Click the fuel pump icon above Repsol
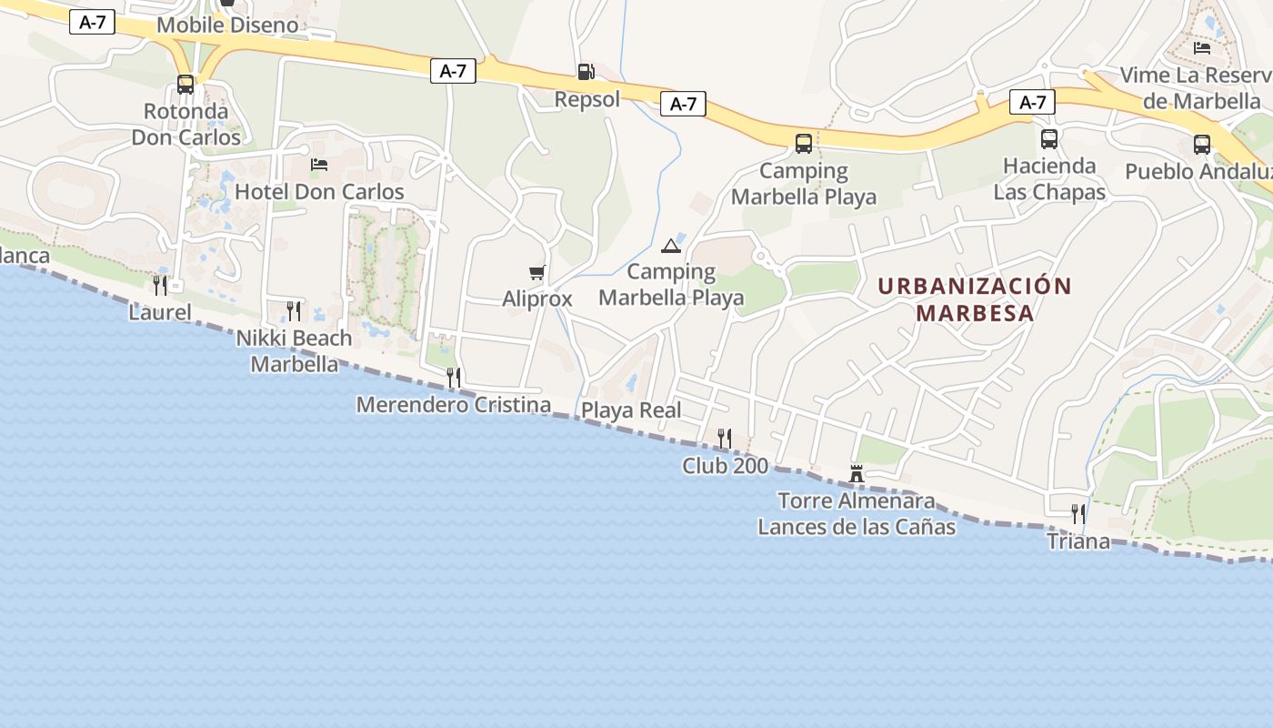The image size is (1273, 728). pos(586,71)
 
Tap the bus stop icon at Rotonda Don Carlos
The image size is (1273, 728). pos(185,85)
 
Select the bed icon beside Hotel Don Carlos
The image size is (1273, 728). pos(319,165)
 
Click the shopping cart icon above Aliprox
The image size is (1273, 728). pos(537,272)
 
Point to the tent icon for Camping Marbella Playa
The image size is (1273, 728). pos(671,245)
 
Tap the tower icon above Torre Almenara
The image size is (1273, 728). pos(856,473)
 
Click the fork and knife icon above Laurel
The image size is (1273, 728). pos(160,286)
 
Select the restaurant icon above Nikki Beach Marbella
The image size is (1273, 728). pos(294,311)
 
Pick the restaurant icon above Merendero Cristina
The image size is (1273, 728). pos(454,377)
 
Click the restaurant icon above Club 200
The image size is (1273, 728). pos(725,439)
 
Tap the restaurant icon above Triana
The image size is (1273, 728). pos(1078,514)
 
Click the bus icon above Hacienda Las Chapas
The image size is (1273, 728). pos(1049,139)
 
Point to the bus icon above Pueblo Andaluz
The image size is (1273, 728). pos(1202,144)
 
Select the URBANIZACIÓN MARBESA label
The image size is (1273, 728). pos(975,299)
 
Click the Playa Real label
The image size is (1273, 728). pos(631,410)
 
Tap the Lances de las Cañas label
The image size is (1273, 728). pos(857,527)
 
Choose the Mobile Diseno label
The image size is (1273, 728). pos(227,25)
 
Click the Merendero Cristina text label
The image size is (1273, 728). pos(454,405)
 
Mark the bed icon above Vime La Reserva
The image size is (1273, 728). pos(1202,47)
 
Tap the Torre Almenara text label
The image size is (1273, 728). pos(857,500)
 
